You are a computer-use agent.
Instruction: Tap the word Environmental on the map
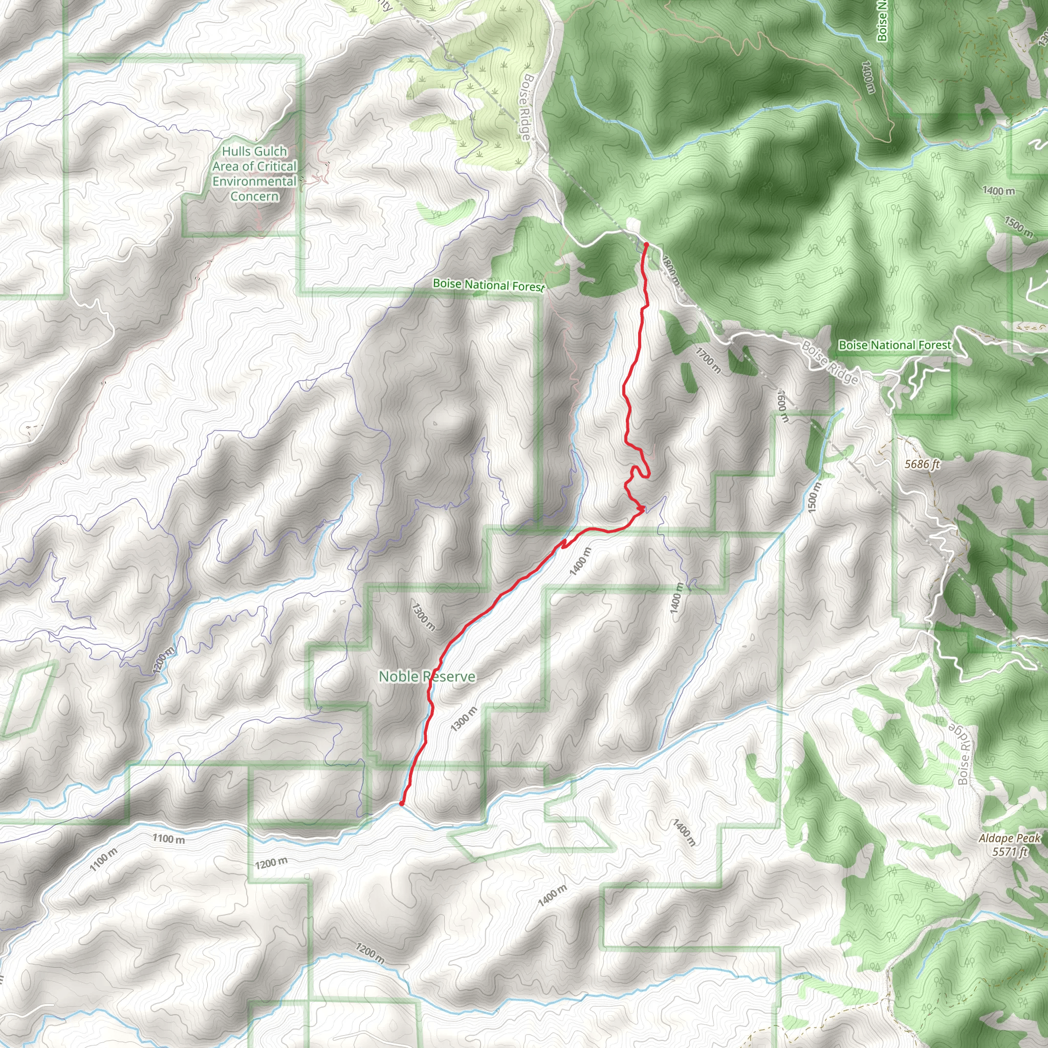click(254, 181)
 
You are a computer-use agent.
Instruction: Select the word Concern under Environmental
click(254, 196)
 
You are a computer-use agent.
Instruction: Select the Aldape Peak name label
click(1010, 838)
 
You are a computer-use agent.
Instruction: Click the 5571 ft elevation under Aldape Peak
click(1010, 851)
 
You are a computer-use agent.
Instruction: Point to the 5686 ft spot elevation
click(922, 464)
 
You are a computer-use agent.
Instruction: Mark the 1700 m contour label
click(708, 361)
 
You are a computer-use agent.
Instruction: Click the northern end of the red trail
click(645, 245)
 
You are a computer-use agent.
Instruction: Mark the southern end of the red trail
click(401, 803)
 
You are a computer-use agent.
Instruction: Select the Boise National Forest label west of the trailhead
click(488, 285)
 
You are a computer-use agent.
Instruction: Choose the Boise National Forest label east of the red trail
click(894, 345)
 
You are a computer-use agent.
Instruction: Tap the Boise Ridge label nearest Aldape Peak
click(964, 754)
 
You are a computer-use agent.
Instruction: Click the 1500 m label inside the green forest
click(1018, 226)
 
